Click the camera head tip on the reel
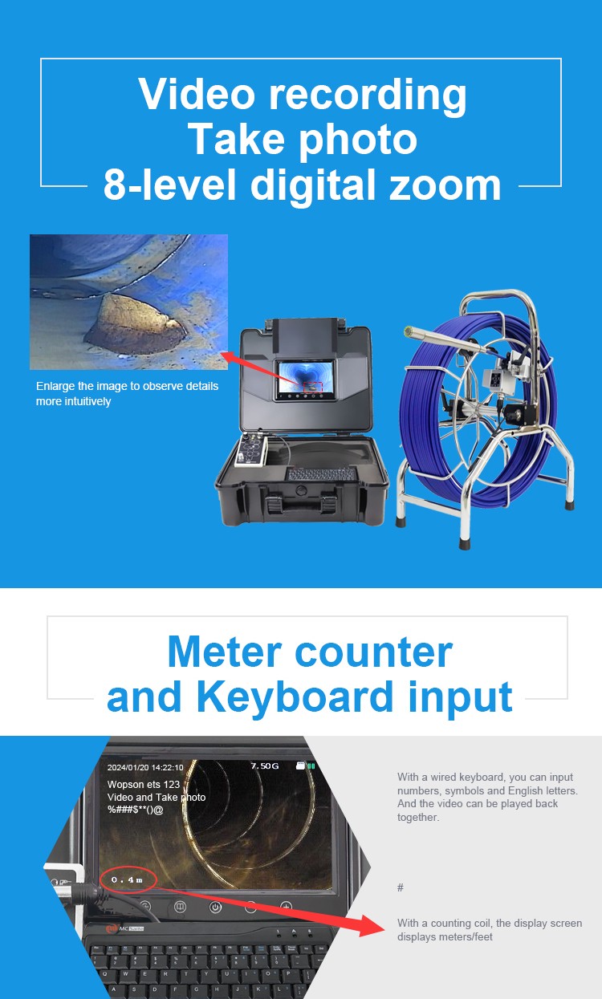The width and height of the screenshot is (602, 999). point(408,331)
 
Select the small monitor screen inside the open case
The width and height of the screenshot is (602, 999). point(306,379)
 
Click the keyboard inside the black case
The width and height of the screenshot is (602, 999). point(321,474)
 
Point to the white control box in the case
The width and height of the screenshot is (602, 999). point(250,451)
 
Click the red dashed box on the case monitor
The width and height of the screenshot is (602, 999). point(313,387)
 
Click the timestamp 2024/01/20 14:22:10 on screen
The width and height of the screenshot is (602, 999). point(145,768)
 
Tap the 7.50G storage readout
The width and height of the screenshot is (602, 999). point(265,765)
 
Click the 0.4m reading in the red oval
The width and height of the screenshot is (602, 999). point(127,880)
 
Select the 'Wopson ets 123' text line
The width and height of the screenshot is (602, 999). point(144,785)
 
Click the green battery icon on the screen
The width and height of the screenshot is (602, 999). point(311,765)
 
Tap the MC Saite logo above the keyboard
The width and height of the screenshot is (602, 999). point(125,928)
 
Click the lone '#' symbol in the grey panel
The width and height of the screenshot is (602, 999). point(401,887)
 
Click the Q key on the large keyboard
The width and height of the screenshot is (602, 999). point(105,974)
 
